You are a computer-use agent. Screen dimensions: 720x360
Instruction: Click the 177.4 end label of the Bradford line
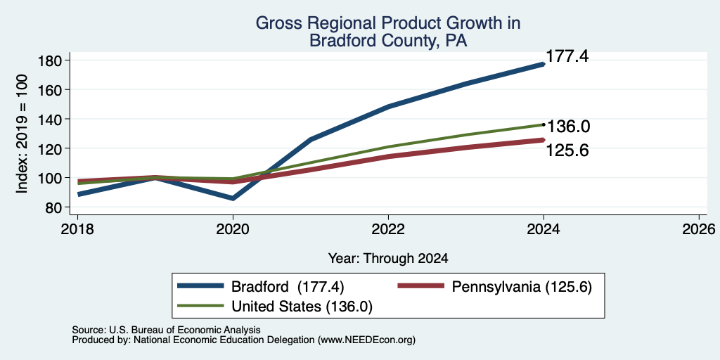point(567,57)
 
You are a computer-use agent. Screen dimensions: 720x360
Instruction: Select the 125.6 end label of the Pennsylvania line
point(567,150)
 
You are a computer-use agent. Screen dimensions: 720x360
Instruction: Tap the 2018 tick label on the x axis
point(77,229)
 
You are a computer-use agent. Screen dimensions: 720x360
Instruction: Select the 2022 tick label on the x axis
point(388,229)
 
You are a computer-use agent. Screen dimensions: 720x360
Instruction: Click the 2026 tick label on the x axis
point(699,229)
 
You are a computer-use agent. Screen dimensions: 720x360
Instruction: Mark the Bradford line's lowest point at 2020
point(233,198)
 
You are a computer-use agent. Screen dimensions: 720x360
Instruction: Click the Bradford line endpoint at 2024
point(544,64)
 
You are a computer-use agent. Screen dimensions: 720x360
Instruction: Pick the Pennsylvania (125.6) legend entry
point(522,287)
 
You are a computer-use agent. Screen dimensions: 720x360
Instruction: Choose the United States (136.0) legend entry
point(302,307)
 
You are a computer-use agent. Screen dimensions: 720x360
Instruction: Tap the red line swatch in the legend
point(421,286)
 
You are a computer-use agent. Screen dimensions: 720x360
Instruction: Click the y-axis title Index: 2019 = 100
point(22,134)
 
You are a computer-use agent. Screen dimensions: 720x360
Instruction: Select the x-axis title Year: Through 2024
point(388,259)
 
